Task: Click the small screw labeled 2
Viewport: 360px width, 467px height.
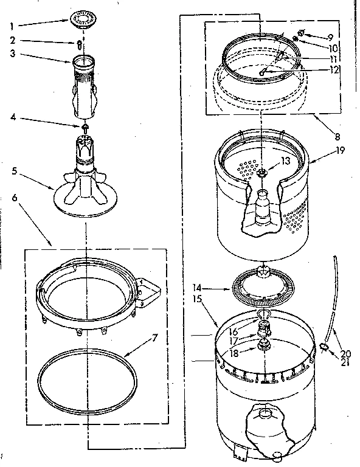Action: pyautogui.click(x=78, y=44)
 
